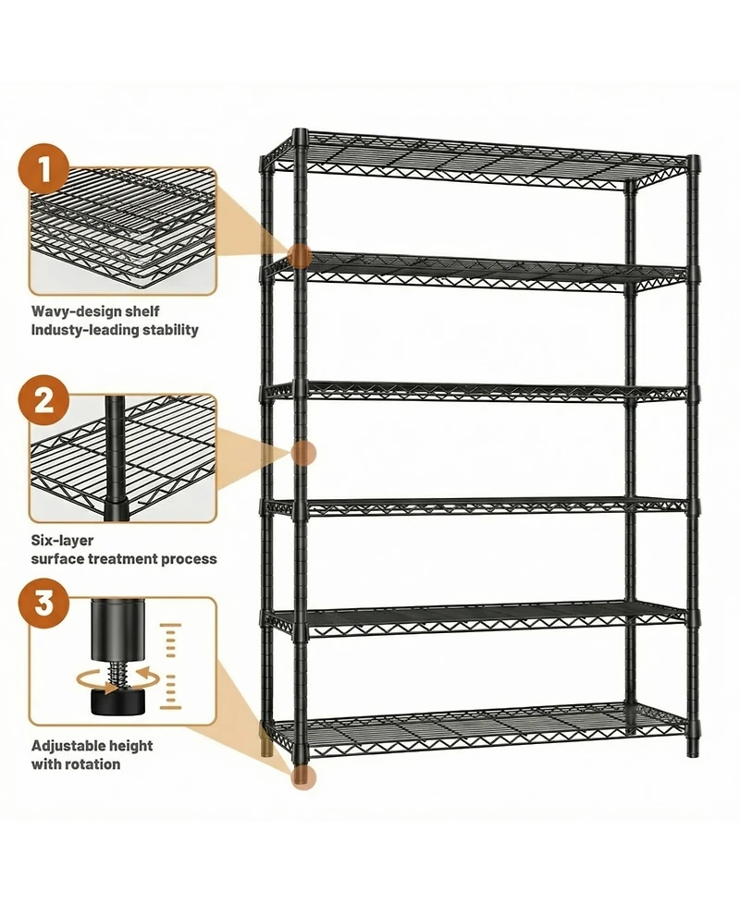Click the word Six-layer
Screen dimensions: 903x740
pyautogui.click(x=62, y=541)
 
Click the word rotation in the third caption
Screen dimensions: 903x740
pyautogui.click(x=92, y=764)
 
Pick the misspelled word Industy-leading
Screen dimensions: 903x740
pyautogui.click(x=79, y=330)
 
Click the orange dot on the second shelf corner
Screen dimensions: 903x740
pyautogui.click(x=298, y=257)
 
